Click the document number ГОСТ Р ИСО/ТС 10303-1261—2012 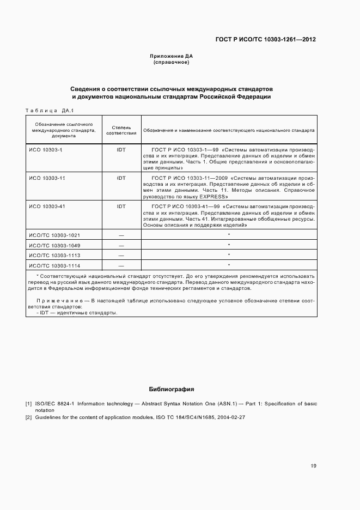coord(266,39)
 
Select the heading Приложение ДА coord(171,56)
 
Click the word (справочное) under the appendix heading coord(171,62)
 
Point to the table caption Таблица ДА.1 coord(50,111)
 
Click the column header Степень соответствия coord(121,130)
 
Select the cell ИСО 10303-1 coord(46,149)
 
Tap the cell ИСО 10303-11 coord(47,178)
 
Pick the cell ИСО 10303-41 coord(47,207)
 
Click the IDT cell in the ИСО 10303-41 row coord(121,207)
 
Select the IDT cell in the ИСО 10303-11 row coord(121,178)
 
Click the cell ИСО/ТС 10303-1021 coord(54,235)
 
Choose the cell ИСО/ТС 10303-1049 coord(54,245)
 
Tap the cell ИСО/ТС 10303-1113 coord(54,255)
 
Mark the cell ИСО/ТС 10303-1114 coord(54,265)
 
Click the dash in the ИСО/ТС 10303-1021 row coord(121,235)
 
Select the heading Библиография coord(172,390)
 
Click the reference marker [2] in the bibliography coord(28,417)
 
